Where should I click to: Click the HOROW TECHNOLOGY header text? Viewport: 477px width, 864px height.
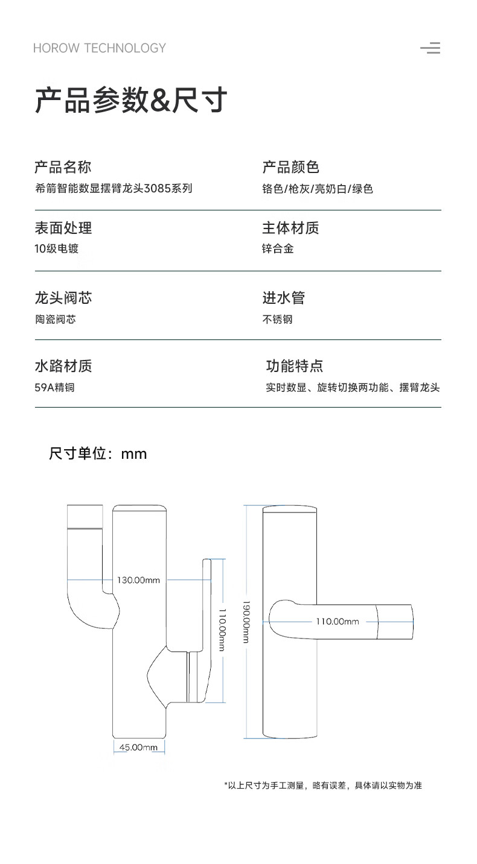[99, 48]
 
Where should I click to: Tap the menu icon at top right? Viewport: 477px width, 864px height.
[431, 48]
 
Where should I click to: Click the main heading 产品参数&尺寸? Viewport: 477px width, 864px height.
[131, 100]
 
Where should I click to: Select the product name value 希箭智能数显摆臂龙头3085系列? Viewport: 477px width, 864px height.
[114, 188]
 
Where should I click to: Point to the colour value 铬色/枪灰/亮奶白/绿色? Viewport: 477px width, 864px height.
[318, 189]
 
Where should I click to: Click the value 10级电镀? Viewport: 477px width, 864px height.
[57, 248]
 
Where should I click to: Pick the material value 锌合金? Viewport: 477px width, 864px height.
[278, 248]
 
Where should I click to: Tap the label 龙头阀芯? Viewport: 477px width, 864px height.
[63, 298]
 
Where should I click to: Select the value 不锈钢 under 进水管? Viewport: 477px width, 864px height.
[277, 319]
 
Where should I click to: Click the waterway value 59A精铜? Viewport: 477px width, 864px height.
[55, 388]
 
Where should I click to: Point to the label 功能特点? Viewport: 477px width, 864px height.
[295, 365]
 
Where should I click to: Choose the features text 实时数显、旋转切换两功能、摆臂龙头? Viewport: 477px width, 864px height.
[353, 388]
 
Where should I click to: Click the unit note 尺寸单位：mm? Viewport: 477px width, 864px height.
[98, 453]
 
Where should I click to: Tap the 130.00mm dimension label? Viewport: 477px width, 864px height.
[139, 580]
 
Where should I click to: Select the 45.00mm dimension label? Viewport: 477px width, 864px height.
[138, 747]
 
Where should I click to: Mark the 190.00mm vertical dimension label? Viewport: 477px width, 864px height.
[246, 621]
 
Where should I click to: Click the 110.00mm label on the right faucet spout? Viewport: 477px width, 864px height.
[338, 621]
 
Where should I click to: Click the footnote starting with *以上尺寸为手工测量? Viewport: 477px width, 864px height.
[323, 786]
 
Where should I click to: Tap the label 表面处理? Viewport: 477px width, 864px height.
[63, 228]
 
